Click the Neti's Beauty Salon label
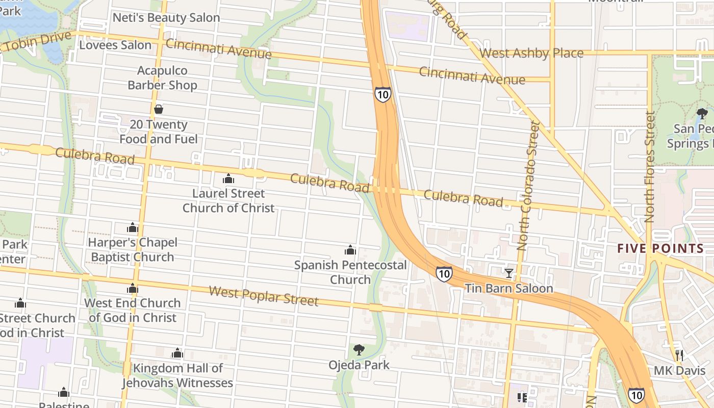166,17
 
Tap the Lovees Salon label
115,45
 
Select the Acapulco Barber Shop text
162,78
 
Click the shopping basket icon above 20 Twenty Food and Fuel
159,109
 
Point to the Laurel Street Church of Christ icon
228,179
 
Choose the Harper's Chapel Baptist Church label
133,250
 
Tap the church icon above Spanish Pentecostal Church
350,250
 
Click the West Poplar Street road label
264,296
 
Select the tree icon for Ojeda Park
359,350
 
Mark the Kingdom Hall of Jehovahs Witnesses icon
177,353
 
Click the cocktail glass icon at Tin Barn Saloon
508,273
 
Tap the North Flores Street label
649,167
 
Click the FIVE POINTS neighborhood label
660,249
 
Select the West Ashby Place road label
531,53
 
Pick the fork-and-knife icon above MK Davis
679,355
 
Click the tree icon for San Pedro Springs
702,113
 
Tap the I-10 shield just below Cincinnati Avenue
382,94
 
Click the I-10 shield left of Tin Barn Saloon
444,273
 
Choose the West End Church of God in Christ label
133,310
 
